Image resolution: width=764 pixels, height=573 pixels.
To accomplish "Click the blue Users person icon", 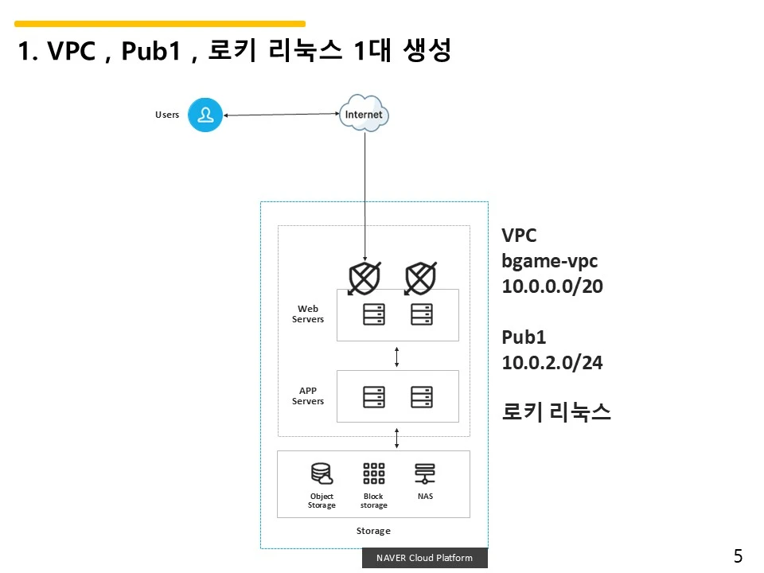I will pyautogui.click(x=205, y=115).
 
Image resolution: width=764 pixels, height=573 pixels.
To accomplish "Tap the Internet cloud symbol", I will pyautogui.click(x=364, y=114).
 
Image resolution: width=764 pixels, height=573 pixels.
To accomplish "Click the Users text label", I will pyautogui.click(x=167, y=115).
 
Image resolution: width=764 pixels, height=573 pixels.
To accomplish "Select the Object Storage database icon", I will pyautogui.click(x=322, y=474).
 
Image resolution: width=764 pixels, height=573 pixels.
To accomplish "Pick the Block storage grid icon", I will pyautogui.click(x=373, y=474).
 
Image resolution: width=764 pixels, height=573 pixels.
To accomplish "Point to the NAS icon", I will pyautogui.click(x=425, y=474).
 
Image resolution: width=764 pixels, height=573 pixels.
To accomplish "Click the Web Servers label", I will pyautogui.click(x=308, y=314).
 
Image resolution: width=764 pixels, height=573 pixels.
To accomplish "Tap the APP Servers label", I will pyautogui.click(x=308, y=396).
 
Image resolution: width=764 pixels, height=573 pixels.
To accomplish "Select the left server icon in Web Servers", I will pyautogui.click(x=373, y=314).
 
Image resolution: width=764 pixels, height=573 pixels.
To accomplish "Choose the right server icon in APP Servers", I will pyautogui.click(x=422, y=396).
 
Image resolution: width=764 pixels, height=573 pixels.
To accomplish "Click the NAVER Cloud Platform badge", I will pyautogui.click(x=424, y=558).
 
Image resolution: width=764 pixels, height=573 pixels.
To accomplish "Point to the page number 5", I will pyautogui.click(x=738, y=556).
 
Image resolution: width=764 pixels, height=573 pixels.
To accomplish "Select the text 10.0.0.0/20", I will pyautogui.click(x=552, y=286).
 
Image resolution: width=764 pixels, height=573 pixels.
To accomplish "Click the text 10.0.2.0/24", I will pyautogui.click(x=552, y=363).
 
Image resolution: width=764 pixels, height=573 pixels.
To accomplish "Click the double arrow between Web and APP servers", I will pyautogui.click(x=397, y=357).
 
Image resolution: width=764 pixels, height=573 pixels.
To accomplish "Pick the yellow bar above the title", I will pyautogui.click(x=160, y=24).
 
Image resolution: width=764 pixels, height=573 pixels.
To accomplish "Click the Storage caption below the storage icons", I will pyautogui.click(x=373, y=531).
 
